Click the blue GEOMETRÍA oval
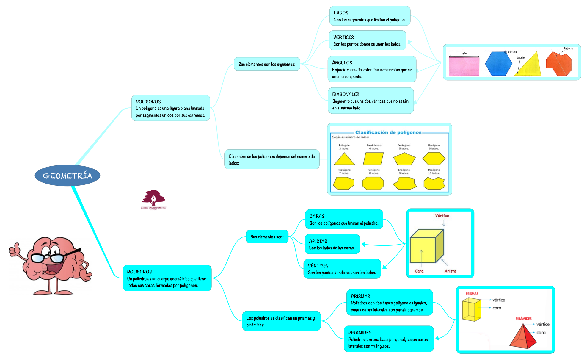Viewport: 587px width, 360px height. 67,176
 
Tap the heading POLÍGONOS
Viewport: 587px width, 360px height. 148,101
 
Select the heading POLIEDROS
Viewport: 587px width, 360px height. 139,272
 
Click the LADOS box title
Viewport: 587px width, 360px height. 341,12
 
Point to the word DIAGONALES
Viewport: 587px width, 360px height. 346,94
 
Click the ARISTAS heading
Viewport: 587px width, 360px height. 318,241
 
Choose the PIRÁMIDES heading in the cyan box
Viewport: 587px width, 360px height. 360,332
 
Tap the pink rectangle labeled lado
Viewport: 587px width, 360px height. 464,67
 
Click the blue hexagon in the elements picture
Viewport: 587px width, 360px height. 498,64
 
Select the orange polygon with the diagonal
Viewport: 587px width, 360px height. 558,64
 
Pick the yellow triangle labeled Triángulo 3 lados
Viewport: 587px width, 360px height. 344,159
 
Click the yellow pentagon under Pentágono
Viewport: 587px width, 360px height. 404,159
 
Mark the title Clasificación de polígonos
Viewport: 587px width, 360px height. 388,132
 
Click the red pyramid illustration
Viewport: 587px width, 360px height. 523,337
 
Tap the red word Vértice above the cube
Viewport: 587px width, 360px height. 442,215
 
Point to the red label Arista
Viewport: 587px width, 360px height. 450,271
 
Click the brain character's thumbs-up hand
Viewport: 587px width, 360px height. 14,249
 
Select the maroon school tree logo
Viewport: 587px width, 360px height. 153,198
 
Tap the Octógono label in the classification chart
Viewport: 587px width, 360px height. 374,170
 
